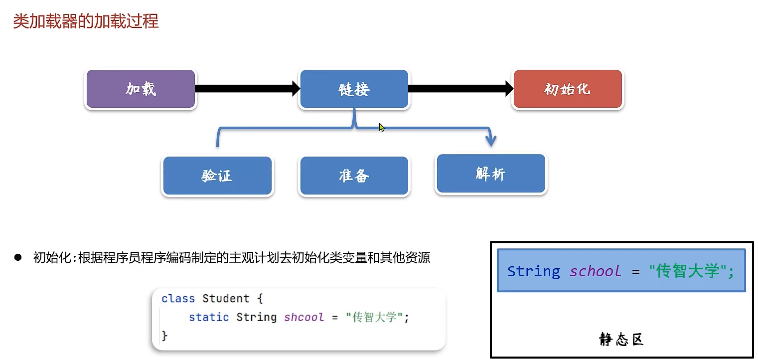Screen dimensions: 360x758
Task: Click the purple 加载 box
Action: point(141,89)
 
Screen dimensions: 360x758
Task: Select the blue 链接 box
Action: point(354,89)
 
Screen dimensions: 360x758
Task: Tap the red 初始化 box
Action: point(567,89)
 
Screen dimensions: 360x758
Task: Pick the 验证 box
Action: point(217,176)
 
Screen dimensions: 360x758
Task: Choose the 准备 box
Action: point(354,176)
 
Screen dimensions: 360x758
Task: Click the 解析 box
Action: point(491,174)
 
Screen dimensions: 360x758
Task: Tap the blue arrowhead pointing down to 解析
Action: point(491,141)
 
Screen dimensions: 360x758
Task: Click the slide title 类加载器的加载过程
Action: point(86,21)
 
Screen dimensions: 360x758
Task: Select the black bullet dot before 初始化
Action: point(18,257)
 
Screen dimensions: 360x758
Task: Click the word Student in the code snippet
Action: point(226,299)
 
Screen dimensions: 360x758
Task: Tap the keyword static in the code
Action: point(209,317)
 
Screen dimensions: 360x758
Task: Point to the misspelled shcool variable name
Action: point(304,317)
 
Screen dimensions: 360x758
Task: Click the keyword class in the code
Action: point(178,299)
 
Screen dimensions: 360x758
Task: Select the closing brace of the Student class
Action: point(165,336)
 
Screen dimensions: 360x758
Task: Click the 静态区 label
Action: point(621,340)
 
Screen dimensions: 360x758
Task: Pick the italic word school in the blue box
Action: point(596,271)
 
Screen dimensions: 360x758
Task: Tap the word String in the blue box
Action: point(533,271)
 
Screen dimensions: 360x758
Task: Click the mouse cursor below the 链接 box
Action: point(381,127)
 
